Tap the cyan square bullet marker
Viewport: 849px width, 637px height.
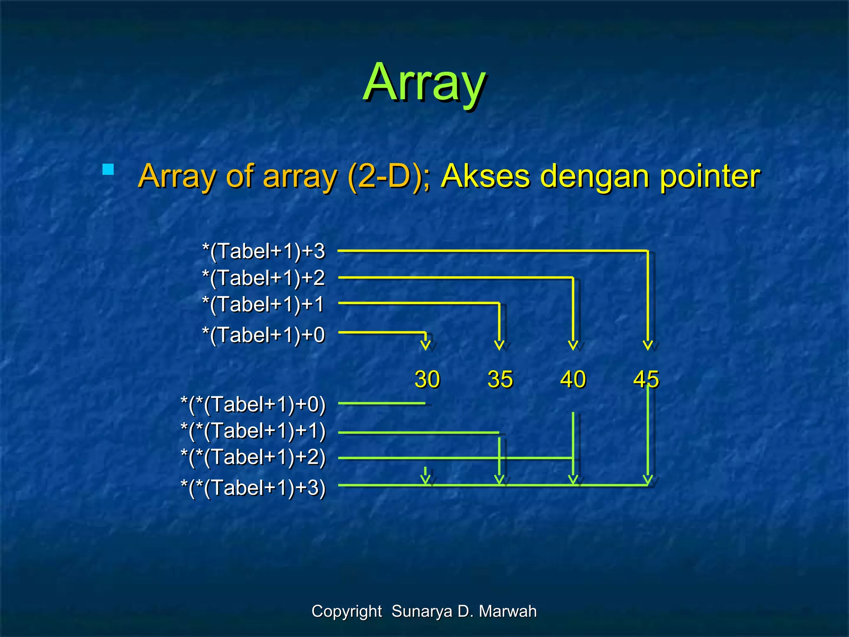pos(108,169)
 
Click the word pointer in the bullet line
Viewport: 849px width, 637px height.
pos(709,176)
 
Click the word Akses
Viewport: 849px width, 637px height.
pos(485,176)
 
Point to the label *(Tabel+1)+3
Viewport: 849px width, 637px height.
pos(264,251)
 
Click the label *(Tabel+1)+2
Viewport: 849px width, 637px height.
pos(264,278)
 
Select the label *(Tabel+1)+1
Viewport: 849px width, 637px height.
pos(264,304)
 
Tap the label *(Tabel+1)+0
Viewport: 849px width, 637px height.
pos(264,335)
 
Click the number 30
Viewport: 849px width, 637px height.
pos(427,379)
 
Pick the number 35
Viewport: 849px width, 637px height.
pos(500,379)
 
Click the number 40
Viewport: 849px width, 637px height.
pos(573,379)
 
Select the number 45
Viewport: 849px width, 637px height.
pos(646,379)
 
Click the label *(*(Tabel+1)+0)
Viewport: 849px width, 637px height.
pos(253,404)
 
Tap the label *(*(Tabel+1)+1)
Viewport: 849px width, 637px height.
pos(253,431)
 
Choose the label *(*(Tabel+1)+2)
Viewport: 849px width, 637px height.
pos(253,457)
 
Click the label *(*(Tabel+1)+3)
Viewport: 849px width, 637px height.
pos(253,488)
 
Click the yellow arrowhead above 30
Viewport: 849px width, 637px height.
pos(425,345)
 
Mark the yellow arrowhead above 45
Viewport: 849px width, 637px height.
pos(648,345)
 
